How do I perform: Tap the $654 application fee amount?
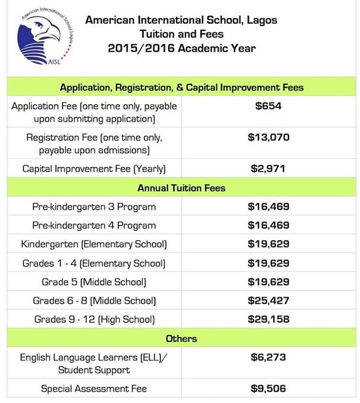pyautogui.click(x=268, y=106)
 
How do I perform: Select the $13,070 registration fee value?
pyautogui.click(x=268, y=137)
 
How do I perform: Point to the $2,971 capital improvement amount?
pyautogui.click(x=268, y=168)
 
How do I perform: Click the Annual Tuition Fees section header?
pyautogui.click(x=181, y=188)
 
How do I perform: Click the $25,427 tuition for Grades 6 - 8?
pyautogui.click(x=268, y=300)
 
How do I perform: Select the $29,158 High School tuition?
pyautogui.click(x=268, y=319)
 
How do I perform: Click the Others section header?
pyautogui.click(x=181, y=338)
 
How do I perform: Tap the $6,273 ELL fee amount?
pyautogui.click(x=268, y=358)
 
